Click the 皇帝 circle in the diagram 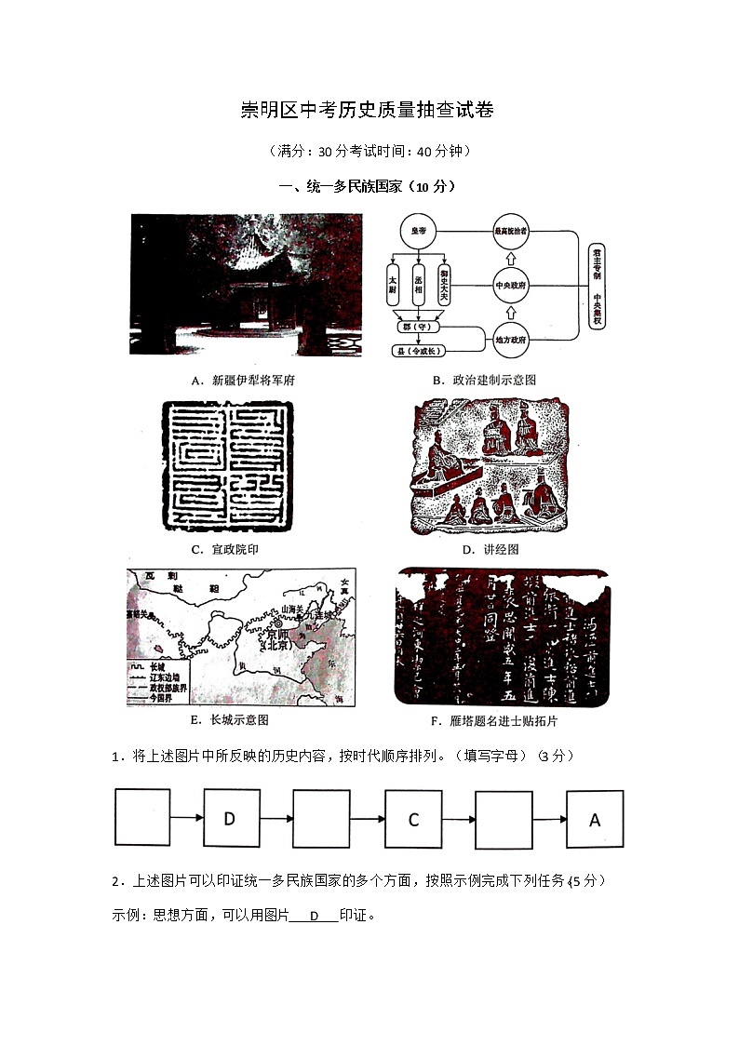(419, 232)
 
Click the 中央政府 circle (510, 285)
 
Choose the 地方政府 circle (510, 340)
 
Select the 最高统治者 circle (510, 231)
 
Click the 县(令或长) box (420, 351)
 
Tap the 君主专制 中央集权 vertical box (597, 286)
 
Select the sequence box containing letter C (414, 819)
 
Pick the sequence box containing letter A (595, 819)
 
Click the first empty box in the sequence (142, 818)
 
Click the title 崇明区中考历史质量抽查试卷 (368, 110)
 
